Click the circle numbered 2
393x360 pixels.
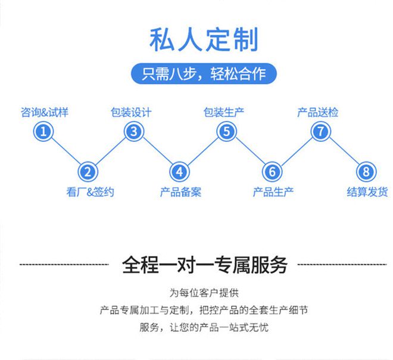(88, 172)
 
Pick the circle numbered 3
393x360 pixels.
(134, 131)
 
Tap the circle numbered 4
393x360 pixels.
(180, 172)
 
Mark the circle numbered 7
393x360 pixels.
(320, 131)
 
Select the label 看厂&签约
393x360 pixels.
(89, 192)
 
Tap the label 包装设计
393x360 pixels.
(131, 111)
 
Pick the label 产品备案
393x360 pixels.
(180, 192)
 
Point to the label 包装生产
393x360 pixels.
(224, 111)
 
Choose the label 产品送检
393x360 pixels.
(318, 111)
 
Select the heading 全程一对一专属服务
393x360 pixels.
(204, 264)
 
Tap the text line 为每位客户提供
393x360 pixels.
(204, 293)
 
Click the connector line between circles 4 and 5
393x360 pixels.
(203, 152)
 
